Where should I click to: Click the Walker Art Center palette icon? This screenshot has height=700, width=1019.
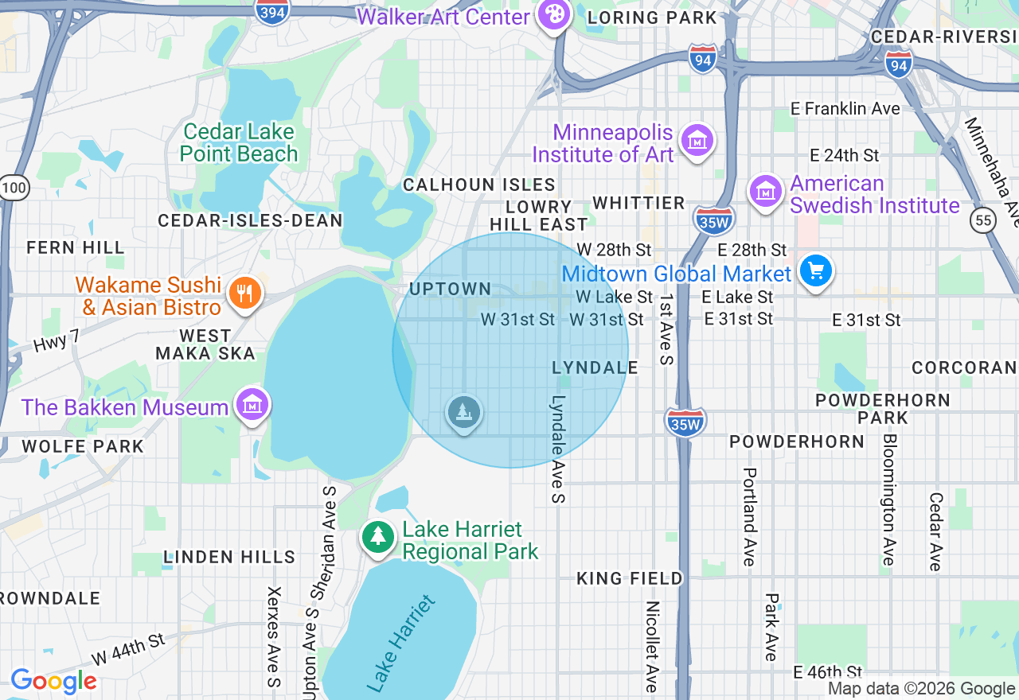552,14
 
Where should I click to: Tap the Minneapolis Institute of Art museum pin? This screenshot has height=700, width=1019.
697,142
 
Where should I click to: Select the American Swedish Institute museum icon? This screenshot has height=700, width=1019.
766,192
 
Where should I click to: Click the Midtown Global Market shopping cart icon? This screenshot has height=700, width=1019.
815,272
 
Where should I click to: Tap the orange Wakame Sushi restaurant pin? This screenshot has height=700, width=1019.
245,294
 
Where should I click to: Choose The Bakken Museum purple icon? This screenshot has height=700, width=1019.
252,406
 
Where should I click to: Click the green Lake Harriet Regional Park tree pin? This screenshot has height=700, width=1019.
378,537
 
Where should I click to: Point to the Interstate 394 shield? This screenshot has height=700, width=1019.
272,11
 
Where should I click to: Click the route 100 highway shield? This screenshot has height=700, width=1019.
14,189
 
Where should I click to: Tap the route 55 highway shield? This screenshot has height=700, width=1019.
985,220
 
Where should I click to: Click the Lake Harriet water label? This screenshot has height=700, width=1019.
402,642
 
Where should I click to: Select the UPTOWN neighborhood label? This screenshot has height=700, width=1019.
451,290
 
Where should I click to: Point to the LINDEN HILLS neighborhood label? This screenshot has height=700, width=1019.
229,557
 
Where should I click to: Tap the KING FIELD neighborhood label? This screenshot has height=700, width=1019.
629,578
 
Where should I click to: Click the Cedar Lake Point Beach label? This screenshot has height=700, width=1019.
239,142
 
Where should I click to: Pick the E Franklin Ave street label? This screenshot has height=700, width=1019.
845,108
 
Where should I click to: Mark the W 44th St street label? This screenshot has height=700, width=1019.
127,650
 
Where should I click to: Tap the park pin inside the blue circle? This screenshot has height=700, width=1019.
463,412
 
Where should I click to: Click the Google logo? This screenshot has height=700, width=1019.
53,681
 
